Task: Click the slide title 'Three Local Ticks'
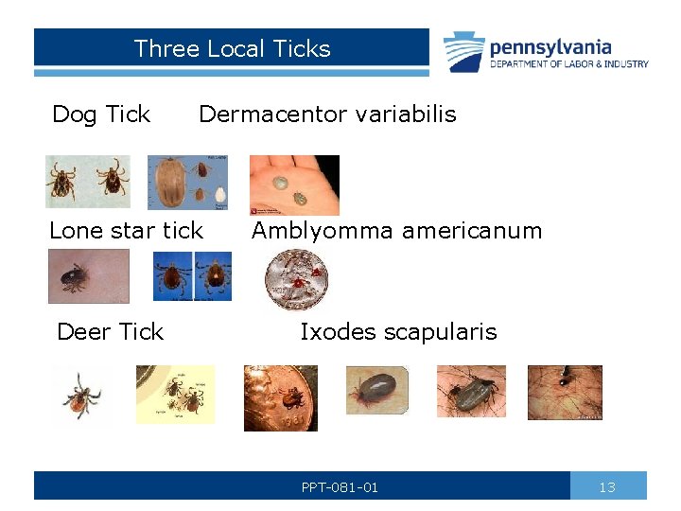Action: (232, 48)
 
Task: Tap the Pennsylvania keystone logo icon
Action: (464, 52)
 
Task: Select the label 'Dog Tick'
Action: (101, 115)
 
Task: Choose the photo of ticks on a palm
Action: (293, 185)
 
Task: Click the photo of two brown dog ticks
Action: (88, 181)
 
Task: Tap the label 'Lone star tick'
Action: (126, 230)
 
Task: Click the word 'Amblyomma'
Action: (318, 230)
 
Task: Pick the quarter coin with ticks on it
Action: (297, 280)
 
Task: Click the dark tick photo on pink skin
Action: (88, 275)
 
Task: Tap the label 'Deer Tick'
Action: (110, 331)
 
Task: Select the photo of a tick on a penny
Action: (281, 397)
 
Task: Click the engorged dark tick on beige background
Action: (376, 390)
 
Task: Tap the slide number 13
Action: (607, 486)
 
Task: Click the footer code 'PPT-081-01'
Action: (340, 487)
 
